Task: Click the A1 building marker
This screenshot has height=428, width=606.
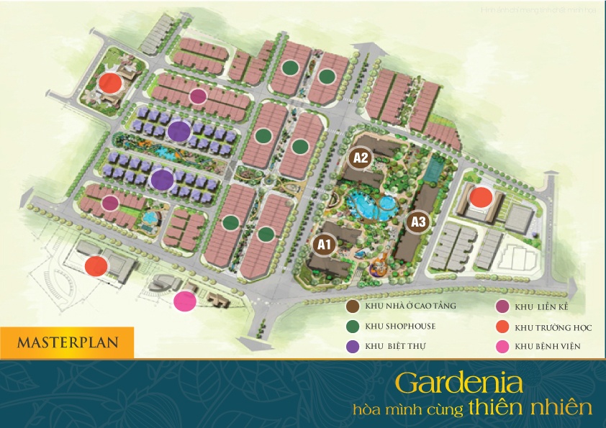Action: tap(324, 245)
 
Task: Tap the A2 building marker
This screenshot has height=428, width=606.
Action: tap(360, 158)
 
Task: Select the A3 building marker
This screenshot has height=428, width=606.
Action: tap(419, 221)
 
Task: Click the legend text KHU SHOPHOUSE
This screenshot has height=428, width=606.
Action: tap(400, 326)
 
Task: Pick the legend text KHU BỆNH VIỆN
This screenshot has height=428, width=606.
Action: tap(548, 347)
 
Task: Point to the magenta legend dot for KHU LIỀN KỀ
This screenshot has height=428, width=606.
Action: tap(501, 307)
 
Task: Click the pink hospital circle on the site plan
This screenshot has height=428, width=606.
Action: tap(185, 301)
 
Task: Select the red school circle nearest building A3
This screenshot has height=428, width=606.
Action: tap(481, 196)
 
